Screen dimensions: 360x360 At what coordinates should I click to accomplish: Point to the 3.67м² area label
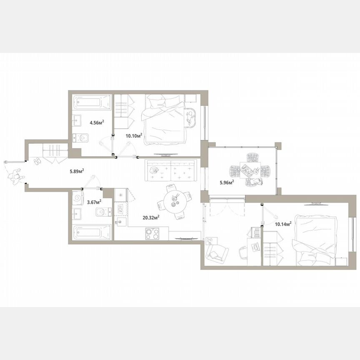[94, 202]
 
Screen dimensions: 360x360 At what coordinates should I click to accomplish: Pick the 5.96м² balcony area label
[227, 182]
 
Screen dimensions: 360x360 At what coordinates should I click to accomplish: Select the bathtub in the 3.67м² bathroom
[92, 232]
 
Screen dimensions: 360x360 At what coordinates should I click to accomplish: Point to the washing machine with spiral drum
[77, 198]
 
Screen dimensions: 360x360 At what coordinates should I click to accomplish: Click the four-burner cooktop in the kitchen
[152, 234]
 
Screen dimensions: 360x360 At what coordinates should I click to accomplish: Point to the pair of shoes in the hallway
[37, 161]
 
